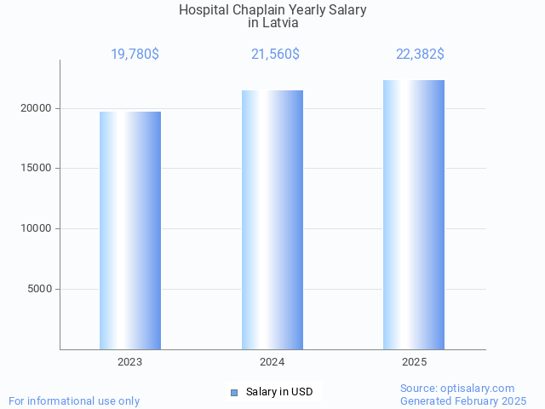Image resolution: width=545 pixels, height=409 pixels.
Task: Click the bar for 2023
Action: tap(130, 230)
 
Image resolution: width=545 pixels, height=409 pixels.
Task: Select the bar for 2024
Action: tap(272, 220)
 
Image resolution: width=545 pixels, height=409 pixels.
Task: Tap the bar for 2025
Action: tap(414, 215)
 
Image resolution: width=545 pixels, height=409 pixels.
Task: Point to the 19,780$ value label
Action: tap(135, 55)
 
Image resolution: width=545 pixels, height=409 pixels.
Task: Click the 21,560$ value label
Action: tap(275, 55)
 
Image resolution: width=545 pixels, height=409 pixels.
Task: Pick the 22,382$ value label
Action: tap(420, 55)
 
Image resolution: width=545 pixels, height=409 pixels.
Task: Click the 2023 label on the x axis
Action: tap(130, 362)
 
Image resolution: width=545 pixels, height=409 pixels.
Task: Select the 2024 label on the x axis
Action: tap(272, 362)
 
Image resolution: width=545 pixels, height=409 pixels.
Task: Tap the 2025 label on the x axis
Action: tap(415, 362)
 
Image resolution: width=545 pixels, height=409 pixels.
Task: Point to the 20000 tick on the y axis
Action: tap(36, 108)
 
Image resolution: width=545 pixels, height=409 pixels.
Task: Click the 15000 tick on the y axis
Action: tap(36, 169)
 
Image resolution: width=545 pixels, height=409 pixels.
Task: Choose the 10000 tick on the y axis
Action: tap(36, 228)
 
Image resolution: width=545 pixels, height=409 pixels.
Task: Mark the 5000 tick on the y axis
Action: tap(39, 289)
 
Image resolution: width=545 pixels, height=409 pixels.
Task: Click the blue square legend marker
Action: tap(234, 393)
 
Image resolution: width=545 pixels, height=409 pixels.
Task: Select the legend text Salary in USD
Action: tap(279, 392)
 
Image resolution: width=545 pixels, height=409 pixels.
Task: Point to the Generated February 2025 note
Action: tap(463, 400)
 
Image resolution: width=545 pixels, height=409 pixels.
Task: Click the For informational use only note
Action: tap(74, 400)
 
